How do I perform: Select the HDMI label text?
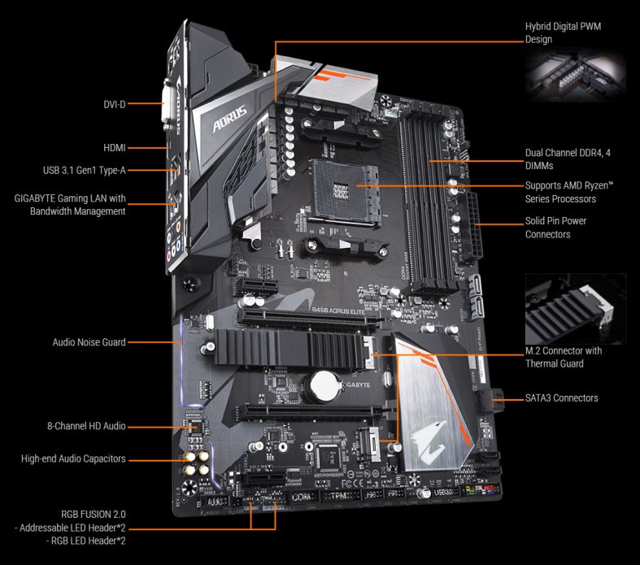click(114, 148)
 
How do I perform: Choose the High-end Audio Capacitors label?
click(73, 459)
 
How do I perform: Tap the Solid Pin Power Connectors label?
click(555, 228)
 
